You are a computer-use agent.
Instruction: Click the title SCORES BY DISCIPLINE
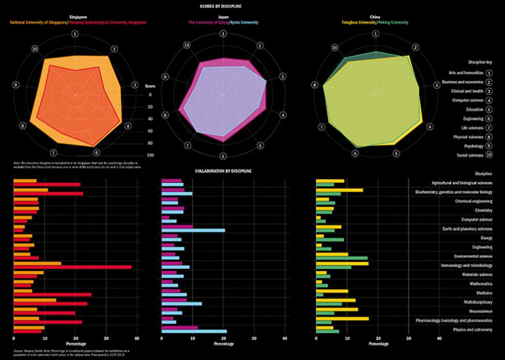click(252, 5)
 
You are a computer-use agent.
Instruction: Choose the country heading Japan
click(223, 17)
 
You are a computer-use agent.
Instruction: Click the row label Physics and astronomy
click(473, 328)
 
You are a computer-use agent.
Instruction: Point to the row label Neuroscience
click(480, 310)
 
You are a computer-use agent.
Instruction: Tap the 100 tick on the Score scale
click(150, 155)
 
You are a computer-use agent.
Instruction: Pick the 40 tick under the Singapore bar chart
click(137, 338)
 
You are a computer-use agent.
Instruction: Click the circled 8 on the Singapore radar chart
click(23, 125)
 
